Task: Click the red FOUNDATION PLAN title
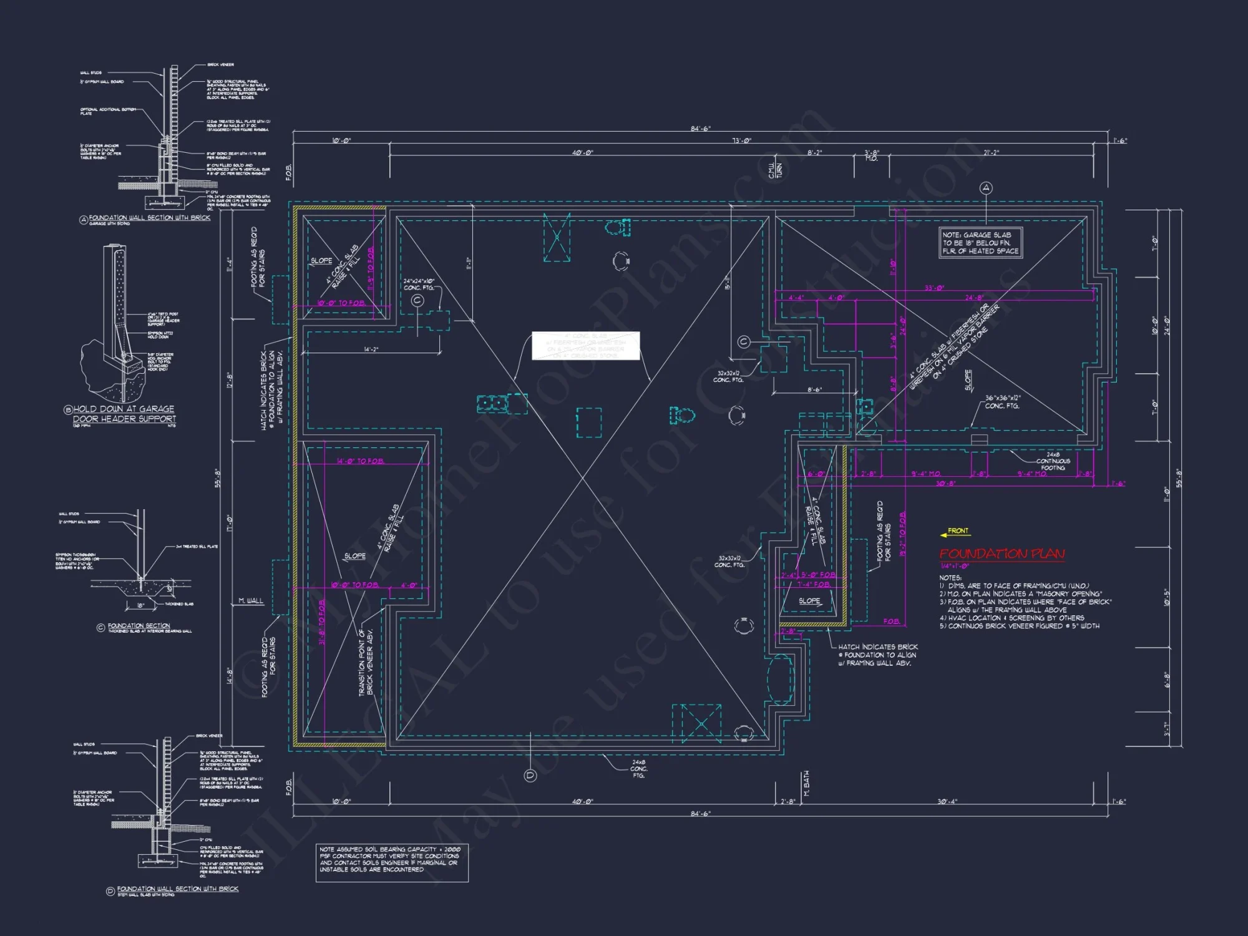pyautogui.click(x=1002, y=553)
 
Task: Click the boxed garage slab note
pyautogui.click(x=980, y=243)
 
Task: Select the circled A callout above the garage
pyautogui.click(x=986, y=188)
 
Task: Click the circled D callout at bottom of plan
pyautogui.click(x=530, y=776)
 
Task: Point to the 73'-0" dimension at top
pyautogui.click(x=741, y=141)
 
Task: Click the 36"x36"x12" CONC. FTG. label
pyautogui.click(x=1002, y=402)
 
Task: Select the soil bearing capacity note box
pyautogui.click(x=391, y=862)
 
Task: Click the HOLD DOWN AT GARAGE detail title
pyautogui.click(x=124, y=414)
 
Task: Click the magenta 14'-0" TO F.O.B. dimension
pyautogui.click(x=360, y=461)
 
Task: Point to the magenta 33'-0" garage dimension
pyautogui.click(x=934, y=288)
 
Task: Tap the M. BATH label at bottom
pyautogui.click(x=806, y=784)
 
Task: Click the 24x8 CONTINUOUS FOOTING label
pyautogui.click(x=1053, y=461)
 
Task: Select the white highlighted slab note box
pyautogui.click(x=585, y=346)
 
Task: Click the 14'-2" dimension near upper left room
pyautogui.click(x=371, y=349)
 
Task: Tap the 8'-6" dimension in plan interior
pyautogui.click(x=814, y=390)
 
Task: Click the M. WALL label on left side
pyautogui.click(x=251, y=601)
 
